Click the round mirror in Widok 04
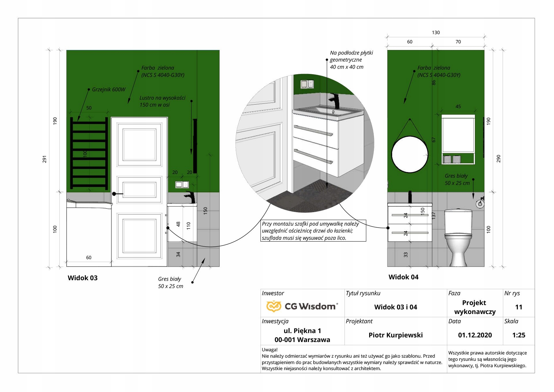click(x=409, y=154)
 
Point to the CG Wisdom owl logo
click(x=273, y=306)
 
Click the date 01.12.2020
click(x=475, y=335)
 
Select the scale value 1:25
click(x=519, y=335)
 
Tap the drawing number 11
click(x=519, y=307)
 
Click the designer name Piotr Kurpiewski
click(x=395, y=335)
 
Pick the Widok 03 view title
click(x=83, y=278)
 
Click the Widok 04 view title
click(x=403, y=277)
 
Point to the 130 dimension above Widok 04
click(x=436, y=33)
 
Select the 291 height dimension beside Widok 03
click(x=44, y=159)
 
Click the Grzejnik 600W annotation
click(x=108, y=90)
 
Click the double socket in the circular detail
click(x=307, y=84)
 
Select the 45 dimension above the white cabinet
click(x=458, y=107)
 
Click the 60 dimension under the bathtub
click(x=89, y=257)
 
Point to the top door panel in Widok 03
click(x=139, y=144)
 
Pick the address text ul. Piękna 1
click(x=302, y=331)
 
